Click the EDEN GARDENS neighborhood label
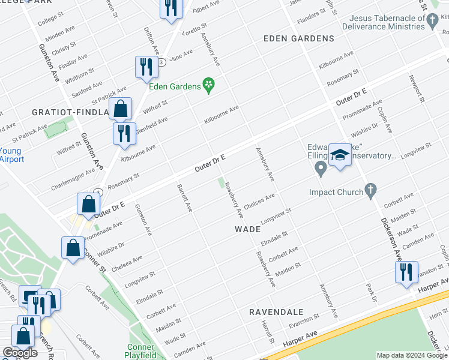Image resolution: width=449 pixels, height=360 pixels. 299,38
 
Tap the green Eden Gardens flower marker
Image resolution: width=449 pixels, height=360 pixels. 209,86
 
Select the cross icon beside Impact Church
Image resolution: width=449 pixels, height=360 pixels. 371,192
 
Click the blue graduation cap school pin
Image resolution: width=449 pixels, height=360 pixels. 340,156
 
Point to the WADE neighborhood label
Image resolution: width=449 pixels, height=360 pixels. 247,229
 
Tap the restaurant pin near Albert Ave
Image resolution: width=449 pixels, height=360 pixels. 170,8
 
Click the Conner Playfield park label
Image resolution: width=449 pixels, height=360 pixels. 141,351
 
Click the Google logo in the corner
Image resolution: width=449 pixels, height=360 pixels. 19,353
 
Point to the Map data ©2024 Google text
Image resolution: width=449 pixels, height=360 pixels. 412,355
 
